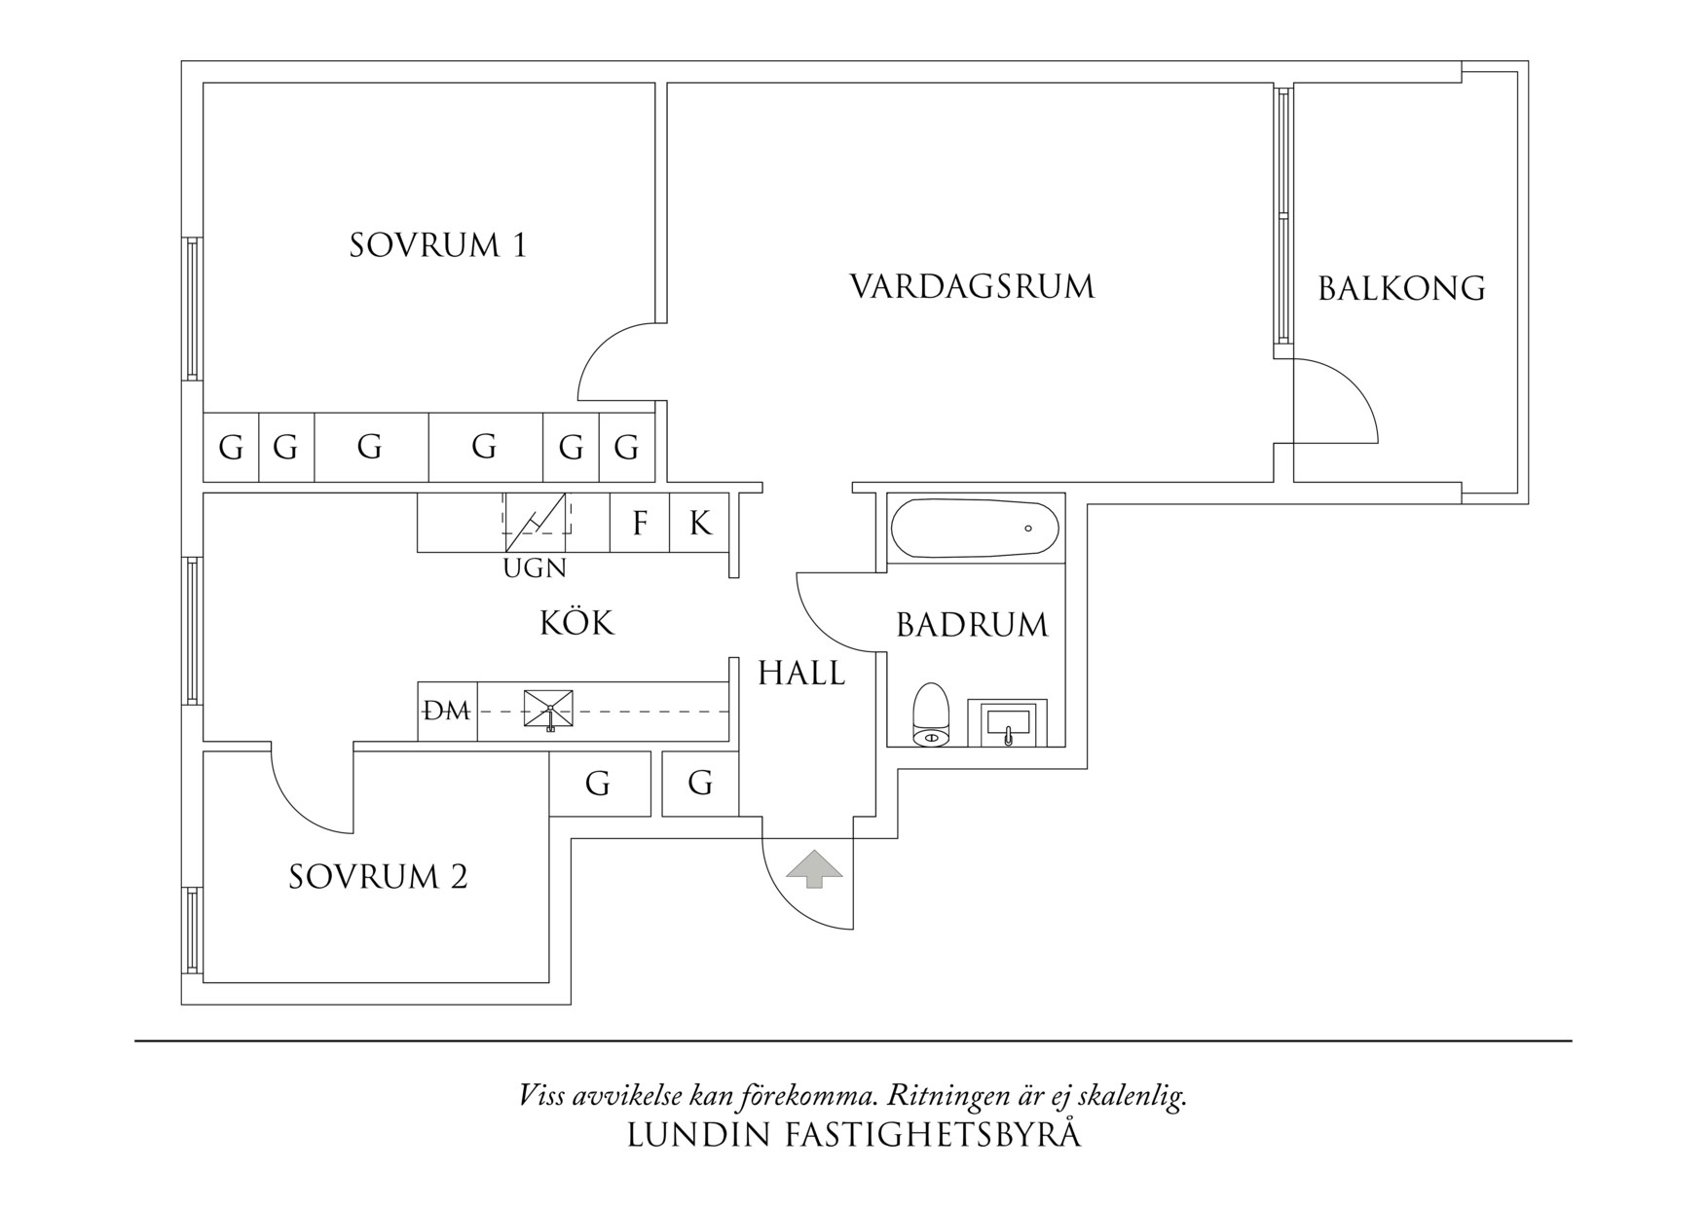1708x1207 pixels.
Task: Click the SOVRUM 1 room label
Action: tap(437, 245)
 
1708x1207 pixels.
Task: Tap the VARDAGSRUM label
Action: tap(972, 287)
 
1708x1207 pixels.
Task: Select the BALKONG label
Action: tap(1400, 289)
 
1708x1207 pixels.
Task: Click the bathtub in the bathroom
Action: tap(975, 529)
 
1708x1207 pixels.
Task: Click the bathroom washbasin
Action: tap(1008, 722)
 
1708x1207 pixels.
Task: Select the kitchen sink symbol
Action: tap(548, 711)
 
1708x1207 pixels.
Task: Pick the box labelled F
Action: tap(640, 524)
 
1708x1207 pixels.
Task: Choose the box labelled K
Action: tap(699, 524)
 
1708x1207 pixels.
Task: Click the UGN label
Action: tap(535, 568)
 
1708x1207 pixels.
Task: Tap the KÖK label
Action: tap(576, 623)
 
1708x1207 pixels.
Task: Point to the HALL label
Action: tap(801, 673)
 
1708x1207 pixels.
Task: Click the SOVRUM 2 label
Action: tap(378, 878)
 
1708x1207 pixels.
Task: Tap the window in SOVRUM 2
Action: tap(192, 932)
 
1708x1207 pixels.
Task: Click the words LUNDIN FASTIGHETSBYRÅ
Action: tap(853, 1136)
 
